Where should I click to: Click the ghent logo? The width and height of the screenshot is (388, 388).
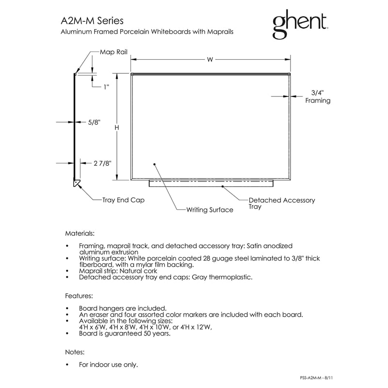point(300,24)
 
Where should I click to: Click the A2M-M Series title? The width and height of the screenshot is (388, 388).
point(92,21)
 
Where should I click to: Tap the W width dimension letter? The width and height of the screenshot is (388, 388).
point(210,59)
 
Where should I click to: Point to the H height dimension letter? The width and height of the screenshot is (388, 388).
point(117,128)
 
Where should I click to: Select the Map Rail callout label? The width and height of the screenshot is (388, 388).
point(113,52)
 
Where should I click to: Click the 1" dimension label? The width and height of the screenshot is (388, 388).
point(106,87)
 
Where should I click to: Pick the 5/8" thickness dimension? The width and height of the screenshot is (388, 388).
point(94,122)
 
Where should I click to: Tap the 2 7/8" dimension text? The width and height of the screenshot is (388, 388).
point(102,163)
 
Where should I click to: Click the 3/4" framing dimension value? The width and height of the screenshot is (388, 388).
point(318,93)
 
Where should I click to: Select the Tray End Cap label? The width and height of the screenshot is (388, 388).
point(123,200)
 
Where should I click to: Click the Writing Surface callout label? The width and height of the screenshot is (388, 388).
point(210,210)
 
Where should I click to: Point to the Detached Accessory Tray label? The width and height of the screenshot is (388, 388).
point(282,203)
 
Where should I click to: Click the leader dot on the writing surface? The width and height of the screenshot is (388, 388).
point(154,164)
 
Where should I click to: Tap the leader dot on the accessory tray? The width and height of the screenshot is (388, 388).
point(223,186)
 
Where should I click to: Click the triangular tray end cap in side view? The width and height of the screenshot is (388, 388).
point(77,183)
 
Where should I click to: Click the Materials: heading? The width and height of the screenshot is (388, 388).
point(80,233)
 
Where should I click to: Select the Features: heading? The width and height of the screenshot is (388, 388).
point(79,296)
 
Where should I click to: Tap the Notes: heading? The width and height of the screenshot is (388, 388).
point(75,352)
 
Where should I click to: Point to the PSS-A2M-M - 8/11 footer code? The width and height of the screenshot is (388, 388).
point(316,378)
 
